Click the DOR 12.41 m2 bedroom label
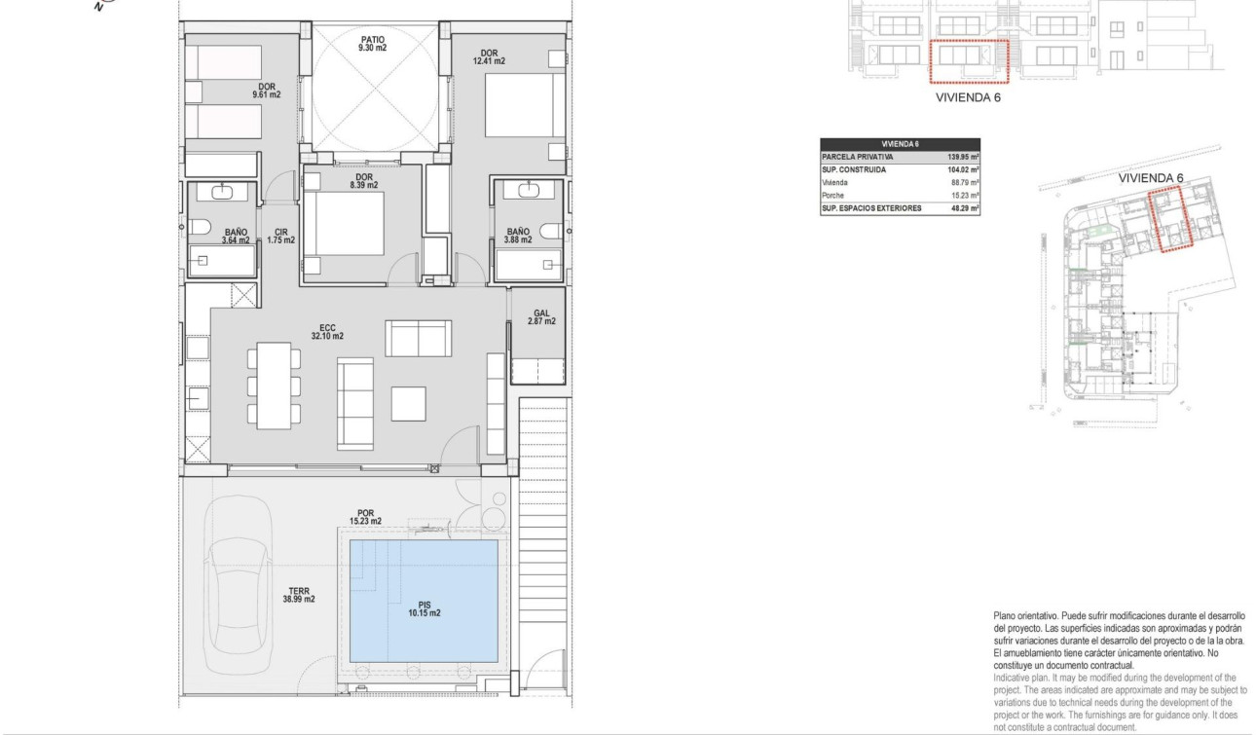point(491,56)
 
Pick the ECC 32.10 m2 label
point(327,332)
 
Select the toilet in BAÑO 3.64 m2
point(202,229)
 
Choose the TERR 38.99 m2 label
point(299,595)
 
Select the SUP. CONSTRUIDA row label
point(855,169)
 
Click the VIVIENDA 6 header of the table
point(900,143)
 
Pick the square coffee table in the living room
point(409,403)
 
